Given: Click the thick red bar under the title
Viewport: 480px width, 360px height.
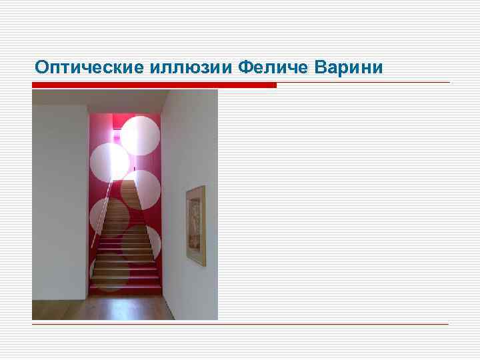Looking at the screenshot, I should pyautogui.click(x=154, y=85).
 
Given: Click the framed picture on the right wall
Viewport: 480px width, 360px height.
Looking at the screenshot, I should pyautogui.click(x=195, y=226).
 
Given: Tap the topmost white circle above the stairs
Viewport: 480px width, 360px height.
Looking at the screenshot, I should pyautogui.click(x=139, y=135).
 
